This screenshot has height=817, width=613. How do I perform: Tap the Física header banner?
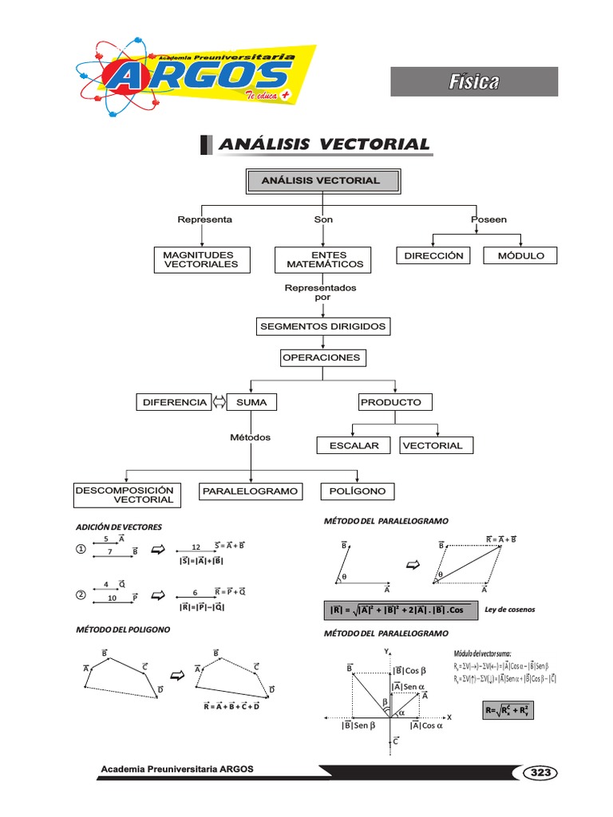473,81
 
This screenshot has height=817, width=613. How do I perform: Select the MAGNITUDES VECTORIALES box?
200,259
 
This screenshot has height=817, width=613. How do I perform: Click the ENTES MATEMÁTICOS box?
324,259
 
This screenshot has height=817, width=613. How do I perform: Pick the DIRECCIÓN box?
433,255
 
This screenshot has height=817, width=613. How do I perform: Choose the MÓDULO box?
520,255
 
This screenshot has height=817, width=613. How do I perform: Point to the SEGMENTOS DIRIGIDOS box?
322,326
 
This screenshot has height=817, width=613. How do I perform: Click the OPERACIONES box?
322,358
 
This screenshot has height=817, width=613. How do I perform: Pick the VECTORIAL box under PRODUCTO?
432,445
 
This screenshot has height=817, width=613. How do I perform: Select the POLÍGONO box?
358,491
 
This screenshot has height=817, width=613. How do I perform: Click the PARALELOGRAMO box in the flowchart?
250,491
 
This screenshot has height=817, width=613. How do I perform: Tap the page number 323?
540,772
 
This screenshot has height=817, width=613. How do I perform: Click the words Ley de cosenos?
509,610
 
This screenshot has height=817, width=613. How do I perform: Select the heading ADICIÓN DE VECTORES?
118,527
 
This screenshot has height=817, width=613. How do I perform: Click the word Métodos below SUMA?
250,437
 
